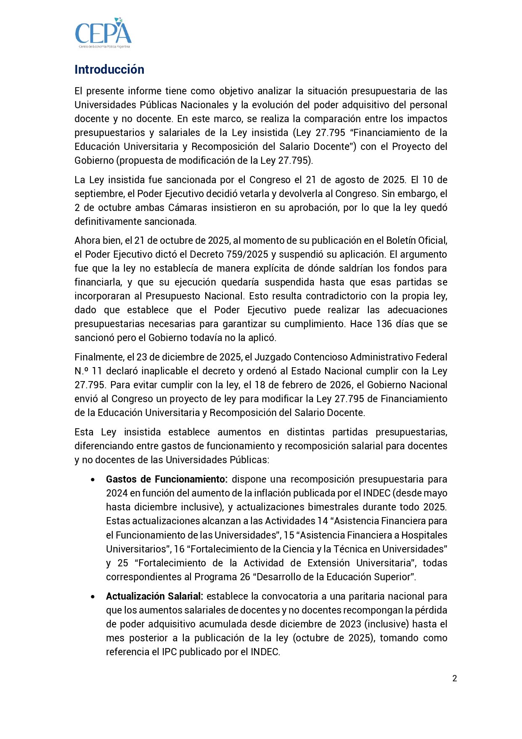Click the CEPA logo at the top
(x=103, y=33)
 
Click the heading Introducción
(x=109, y=69)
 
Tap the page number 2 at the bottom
(x=454, y=678)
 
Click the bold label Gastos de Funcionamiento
(x=167, y=479)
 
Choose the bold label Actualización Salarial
(x=154, y=596)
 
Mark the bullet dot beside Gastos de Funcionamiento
(x=93, y=480)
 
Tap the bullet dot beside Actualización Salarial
(x=93, y=597)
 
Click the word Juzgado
(x=272, y=357)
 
